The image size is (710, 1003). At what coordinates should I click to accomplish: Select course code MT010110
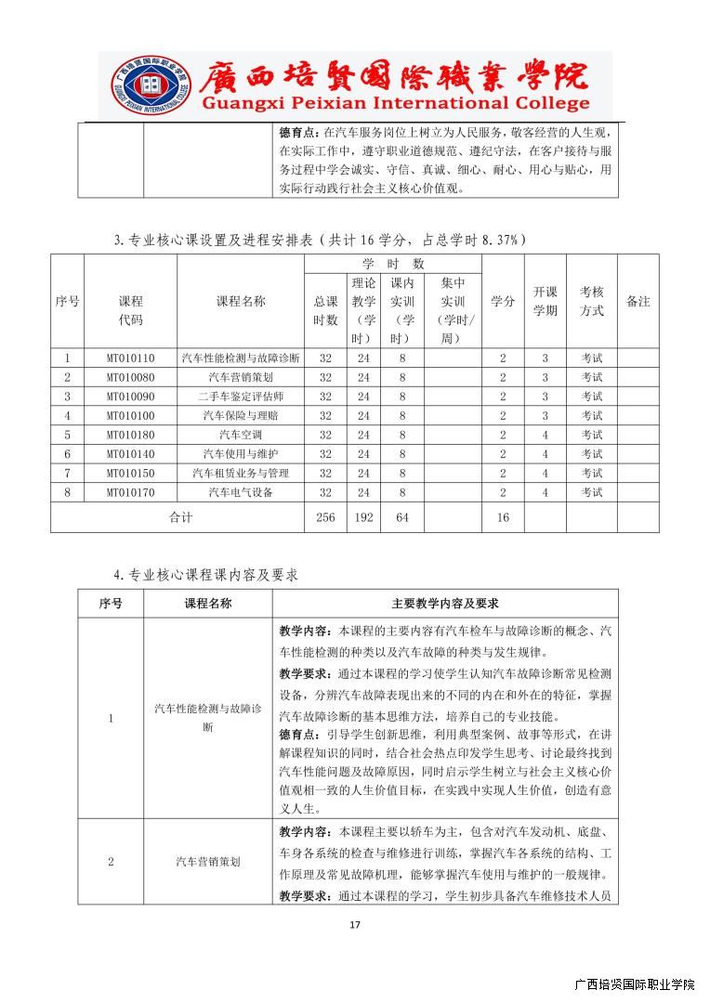pos(130,358)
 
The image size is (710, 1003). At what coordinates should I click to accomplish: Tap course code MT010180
pos(130,435)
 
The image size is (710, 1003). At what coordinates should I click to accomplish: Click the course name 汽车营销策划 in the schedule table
pos(241,377)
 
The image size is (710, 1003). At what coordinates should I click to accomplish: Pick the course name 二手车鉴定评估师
pos(241,397)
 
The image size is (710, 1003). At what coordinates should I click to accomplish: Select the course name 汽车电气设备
pos(241,492)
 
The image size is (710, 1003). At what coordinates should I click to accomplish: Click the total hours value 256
pos(325,517)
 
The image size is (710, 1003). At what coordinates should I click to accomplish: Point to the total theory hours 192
pos(363,517)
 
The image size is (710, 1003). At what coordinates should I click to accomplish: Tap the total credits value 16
pos(503,517)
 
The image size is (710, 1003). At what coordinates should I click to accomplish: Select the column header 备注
pos(638,302)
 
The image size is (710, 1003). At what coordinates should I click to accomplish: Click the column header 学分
pos(503,302)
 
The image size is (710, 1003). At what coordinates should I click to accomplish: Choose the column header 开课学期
pos(546,301)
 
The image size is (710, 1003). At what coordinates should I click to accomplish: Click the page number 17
pos(354,924)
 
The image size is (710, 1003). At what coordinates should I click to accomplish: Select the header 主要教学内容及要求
pos(444,604)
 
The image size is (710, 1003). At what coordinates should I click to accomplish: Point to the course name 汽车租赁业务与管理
pos(241,473)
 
